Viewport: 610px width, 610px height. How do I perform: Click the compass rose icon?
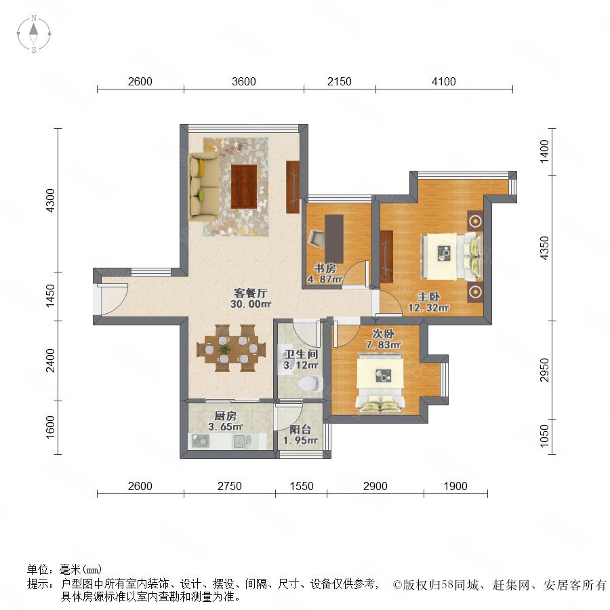34,33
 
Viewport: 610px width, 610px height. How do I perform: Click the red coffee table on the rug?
244,186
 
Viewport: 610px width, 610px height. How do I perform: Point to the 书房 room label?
325,268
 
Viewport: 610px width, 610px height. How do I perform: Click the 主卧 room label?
429,297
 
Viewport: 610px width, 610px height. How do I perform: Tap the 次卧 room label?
383,333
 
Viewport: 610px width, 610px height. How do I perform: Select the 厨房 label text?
225,416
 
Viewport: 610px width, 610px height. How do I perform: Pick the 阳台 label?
300,430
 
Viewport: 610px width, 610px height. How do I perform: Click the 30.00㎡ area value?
250,304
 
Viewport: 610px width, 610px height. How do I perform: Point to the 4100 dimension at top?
444,81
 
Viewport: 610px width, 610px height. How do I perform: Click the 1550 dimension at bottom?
302,486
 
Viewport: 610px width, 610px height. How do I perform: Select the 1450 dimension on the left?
51,296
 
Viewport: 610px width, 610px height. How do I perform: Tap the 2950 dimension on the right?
545,370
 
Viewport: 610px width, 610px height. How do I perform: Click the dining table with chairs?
232,348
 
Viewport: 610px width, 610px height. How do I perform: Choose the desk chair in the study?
317,239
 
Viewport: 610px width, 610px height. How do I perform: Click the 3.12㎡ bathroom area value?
301,365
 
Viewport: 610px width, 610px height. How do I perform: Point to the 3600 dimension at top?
244,81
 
